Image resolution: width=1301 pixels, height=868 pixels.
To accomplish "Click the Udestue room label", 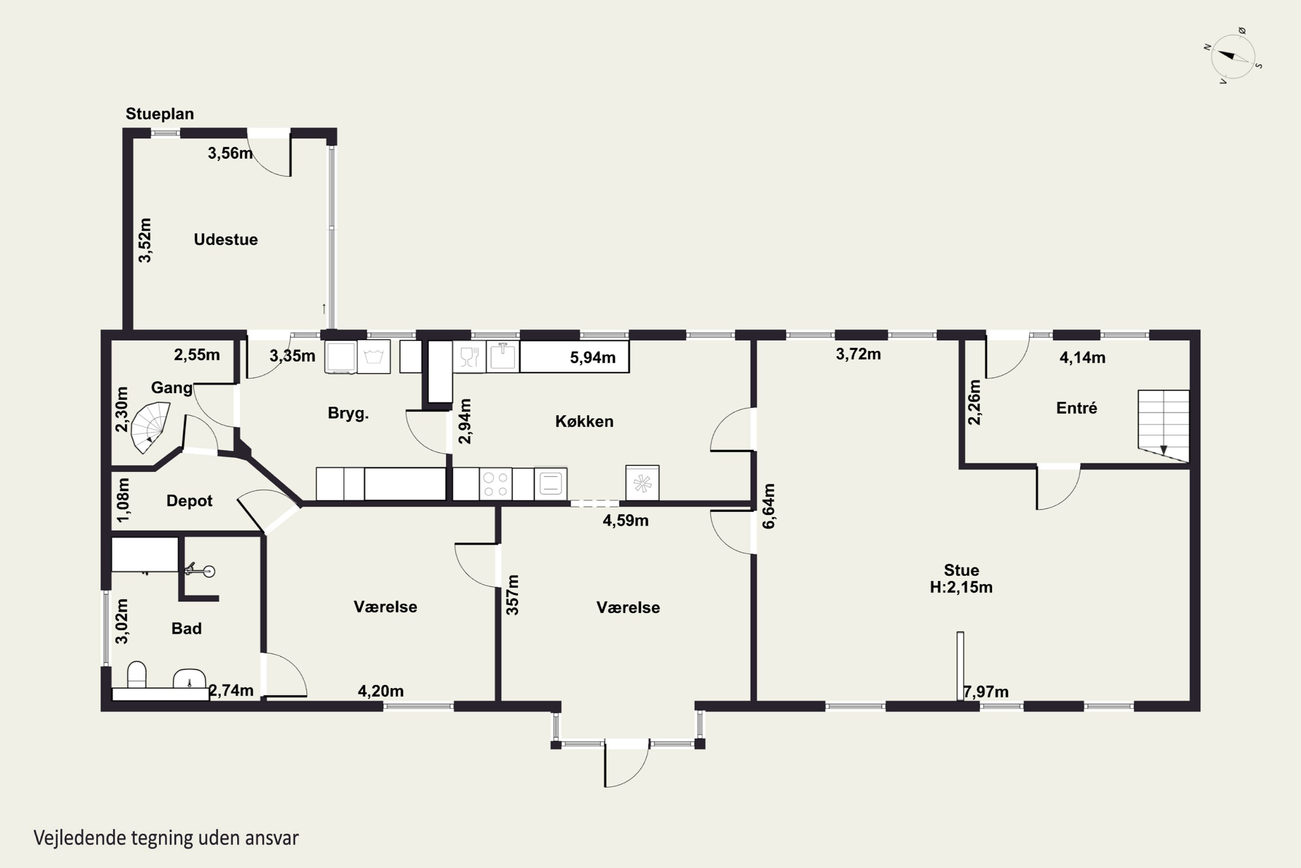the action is click(x=226, y=240).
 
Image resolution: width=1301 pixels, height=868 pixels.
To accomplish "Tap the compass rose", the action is click(x=1233, y=57).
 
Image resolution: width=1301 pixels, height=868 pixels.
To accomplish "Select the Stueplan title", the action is click(x=160, y=114).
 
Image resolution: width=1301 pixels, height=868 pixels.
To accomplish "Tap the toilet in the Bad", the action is click(x=137, y=675).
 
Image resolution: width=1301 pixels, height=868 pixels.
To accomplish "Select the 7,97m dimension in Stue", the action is click(x=986, y=692).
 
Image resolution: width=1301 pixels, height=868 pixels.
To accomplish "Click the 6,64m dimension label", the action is click(x=769, y=506).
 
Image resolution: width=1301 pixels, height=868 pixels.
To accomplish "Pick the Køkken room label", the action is click(x=584, y=421).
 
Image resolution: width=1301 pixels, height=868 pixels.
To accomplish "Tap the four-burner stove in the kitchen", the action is click(x=496, y=484).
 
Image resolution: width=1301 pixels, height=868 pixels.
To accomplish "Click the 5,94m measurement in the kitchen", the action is click(x=592, y=358).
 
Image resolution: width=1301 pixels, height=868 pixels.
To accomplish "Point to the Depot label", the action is click(x=189, y=501).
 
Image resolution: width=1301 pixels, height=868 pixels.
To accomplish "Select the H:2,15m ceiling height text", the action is click(x=961, y=587).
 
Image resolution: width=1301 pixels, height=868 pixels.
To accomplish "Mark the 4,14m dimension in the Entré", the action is click(x=1082, y=358).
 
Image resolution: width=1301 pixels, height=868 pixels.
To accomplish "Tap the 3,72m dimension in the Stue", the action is click(x=858, y=354).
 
